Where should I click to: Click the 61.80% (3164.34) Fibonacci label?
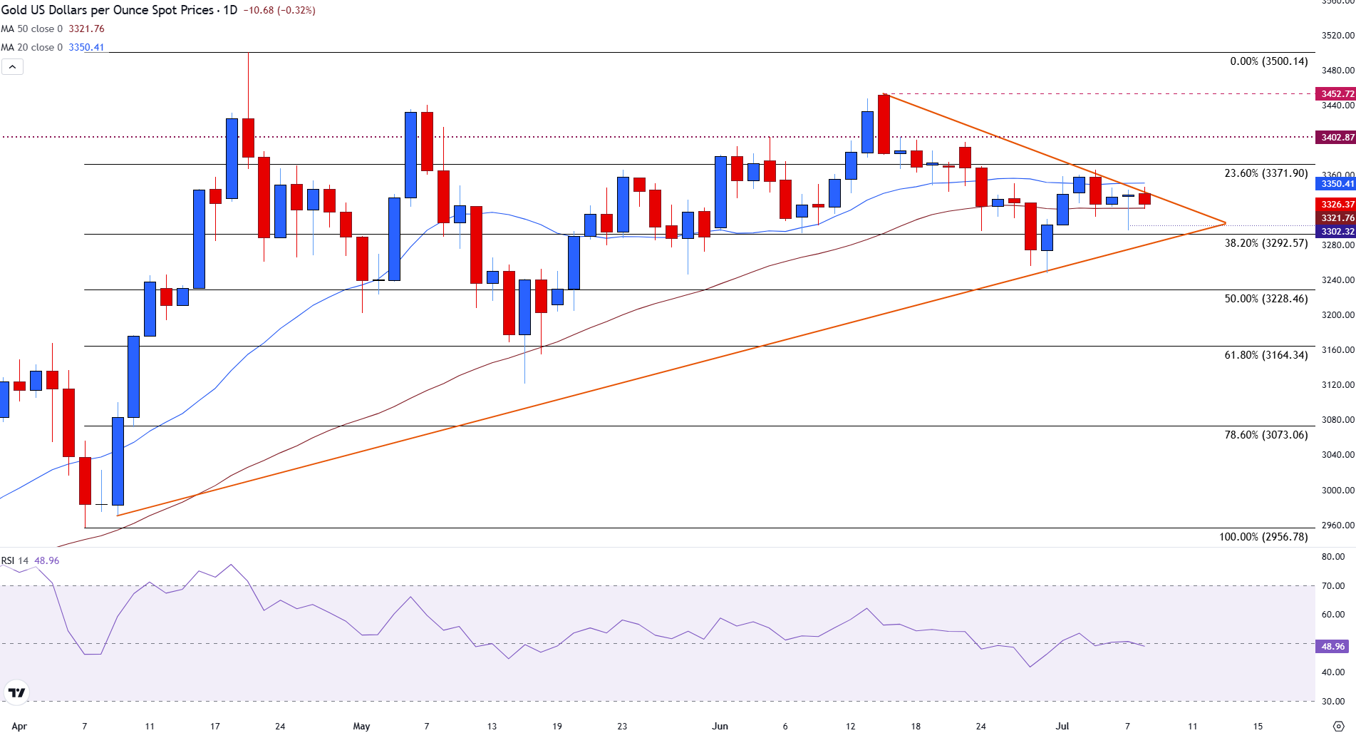tap(1266, 355)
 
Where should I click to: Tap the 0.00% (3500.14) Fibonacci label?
tap(1268, 61)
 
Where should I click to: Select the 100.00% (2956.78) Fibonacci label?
tap(1263, 537)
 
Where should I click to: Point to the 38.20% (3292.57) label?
tap(1266, 243)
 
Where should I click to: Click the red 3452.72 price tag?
tap(1337, 94)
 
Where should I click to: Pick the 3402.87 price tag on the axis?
tap(1337, 138)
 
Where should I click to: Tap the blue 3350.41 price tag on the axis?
tap(1337, 184)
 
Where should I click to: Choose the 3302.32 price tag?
tap(1337, 232)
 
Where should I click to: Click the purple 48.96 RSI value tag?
tap(1332, 647)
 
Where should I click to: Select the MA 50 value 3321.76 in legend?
tap(86, 29)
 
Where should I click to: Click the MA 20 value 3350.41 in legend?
tap(86, 48)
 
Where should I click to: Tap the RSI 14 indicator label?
tap(15, 561)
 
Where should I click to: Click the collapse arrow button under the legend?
tap(13, 67)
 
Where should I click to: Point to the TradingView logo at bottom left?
tap(16, 692)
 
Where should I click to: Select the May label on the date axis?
tap(361, 727)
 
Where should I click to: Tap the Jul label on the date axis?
tap(1062, 727)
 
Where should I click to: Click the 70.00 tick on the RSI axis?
tap(1332, 586)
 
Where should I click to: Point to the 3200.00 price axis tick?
tap(1337, 315)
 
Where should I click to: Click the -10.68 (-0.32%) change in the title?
tap(279, 11)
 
